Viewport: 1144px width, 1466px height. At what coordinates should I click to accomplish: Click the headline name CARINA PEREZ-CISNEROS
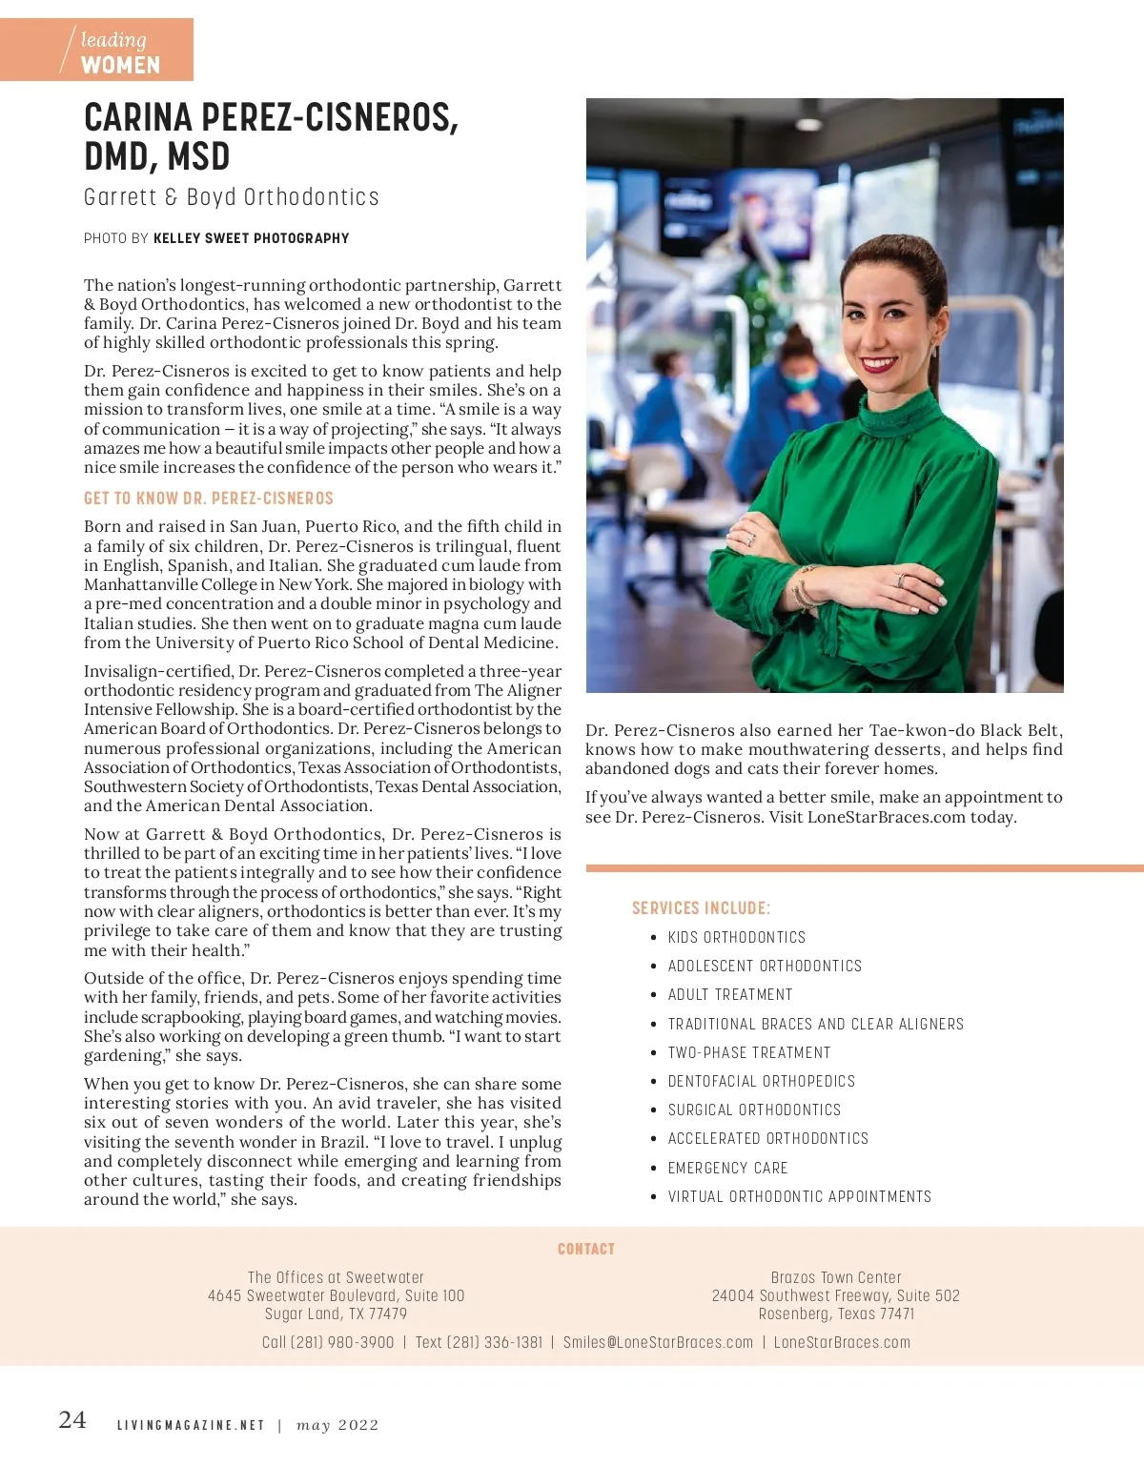point(271,118)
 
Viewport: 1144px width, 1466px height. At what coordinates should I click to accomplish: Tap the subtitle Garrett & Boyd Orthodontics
point(232,197)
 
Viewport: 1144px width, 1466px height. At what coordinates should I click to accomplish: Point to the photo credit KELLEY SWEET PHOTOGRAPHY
point(251,238)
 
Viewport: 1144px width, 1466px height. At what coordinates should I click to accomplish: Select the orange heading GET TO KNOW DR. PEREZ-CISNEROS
point(209,499)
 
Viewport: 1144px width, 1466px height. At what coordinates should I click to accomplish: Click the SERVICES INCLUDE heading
point(701,908)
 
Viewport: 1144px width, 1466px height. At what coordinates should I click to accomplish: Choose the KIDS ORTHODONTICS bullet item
point(736,938)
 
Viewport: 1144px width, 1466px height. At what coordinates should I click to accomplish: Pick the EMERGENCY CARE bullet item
point(727,1168)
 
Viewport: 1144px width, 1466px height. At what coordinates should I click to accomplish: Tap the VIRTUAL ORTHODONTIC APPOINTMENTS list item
point(799,1196)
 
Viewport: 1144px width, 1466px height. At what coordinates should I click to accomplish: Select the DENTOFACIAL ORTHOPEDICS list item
point(761,1081)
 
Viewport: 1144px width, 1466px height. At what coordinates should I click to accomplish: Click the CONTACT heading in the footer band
point(585,1249)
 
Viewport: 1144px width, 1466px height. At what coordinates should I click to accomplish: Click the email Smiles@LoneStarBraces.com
point(658,1342)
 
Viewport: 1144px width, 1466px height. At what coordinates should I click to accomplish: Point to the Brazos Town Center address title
point(836,1277)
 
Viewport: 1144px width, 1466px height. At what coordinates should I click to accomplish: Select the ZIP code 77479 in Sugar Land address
point(388,1313)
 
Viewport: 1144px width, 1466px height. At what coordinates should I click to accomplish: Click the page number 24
point(72,1420)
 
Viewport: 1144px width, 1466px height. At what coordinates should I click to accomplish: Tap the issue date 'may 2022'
point(337,1426)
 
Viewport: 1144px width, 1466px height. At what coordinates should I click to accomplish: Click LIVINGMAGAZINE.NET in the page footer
point(191,1426)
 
